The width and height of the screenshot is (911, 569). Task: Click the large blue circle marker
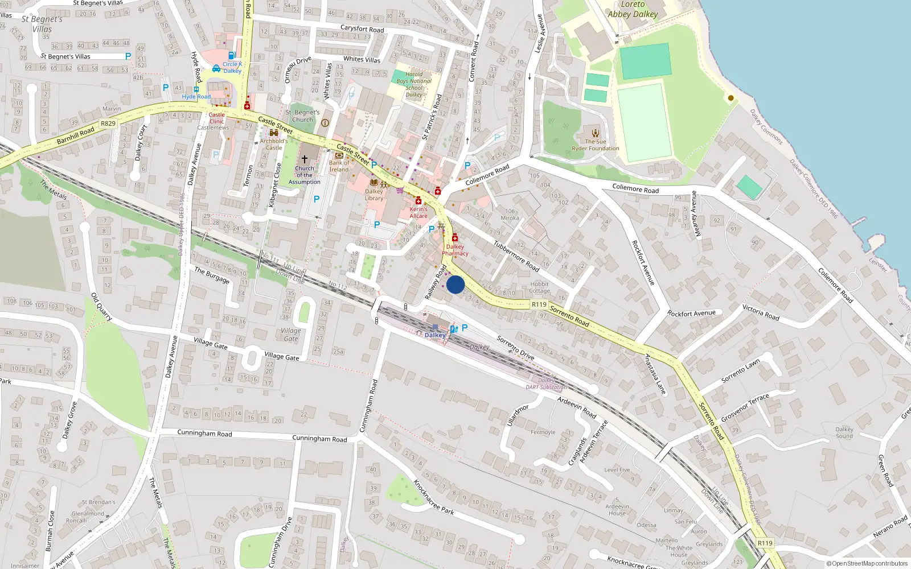point(455,284)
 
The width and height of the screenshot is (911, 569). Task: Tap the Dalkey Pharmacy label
point(455,250)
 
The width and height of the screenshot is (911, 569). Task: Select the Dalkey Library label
point(374,195)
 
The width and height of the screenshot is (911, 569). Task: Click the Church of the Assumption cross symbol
point(305,159)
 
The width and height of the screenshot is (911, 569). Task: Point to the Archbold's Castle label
point(274,144)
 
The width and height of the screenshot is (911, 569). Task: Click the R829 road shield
point(108,123)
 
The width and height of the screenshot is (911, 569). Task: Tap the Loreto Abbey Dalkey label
point(633,9)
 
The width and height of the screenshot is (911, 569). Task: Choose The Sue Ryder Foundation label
point(596,145)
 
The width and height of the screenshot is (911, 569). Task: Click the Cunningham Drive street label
point(280,541)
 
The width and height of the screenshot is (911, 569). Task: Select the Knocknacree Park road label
point(433,497)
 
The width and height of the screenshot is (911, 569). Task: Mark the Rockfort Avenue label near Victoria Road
point(691,313)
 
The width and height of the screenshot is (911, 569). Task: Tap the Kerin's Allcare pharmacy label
point(418,212)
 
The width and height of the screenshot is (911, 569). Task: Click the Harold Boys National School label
point(414,84)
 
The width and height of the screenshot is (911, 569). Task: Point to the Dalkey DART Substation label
point(546,384)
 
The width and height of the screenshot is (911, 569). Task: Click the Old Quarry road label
point(101,307)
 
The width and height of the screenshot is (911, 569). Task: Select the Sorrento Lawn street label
point(740,371)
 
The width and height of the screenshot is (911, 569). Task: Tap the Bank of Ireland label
point(339,166)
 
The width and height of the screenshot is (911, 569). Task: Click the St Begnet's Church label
point(302,116)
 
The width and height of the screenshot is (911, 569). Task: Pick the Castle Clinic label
point(216,118)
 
